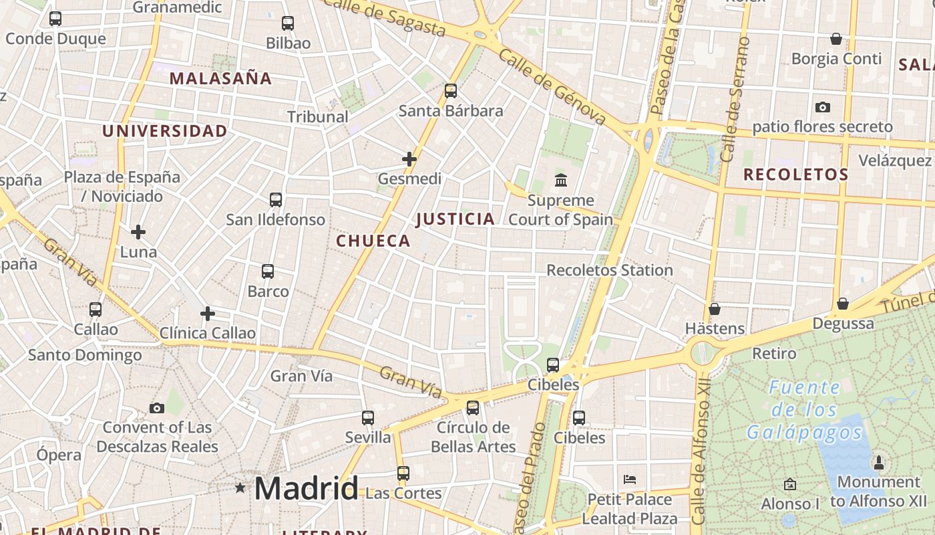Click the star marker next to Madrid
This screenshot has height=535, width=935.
240,488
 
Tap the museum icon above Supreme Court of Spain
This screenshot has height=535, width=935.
561,180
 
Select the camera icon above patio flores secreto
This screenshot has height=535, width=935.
822,107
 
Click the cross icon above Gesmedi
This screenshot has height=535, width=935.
409,159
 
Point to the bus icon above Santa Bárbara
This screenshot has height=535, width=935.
451,90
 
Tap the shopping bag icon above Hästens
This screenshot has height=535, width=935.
715,309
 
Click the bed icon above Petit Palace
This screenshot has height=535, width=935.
629,479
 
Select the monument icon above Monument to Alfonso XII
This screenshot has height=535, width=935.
878,462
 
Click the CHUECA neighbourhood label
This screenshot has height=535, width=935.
373,241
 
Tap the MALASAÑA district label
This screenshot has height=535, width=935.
220,78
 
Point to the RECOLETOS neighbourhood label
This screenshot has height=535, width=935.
796,175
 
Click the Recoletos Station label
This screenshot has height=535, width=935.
610,270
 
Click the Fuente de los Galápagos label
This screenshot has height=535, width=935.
805,410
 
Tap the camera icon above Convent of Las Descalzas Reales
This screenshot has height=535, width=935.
157,408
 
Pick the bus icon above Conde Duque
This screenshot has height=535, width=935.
55,19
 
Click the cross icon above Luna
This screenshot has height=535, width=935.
138,232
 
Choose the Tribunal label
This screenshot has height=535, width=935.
318,116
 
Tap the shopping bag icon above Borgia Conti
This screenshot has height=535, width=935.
835,39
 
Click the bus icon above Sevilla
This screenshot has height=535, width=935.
368,418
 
